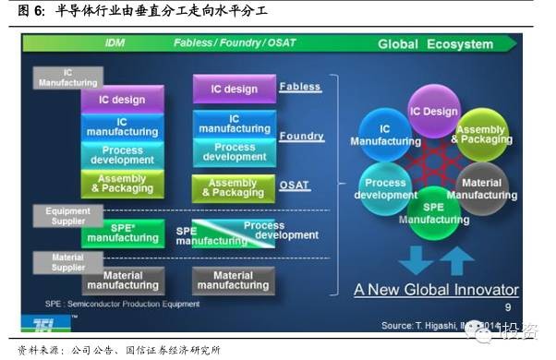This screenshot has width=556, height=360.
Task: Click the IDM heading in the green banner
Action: point(115,42)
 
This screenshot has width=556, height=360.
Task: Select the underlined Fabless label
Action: point(300,87)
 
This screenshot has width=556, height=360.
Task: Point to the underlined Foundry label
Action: point(302,136)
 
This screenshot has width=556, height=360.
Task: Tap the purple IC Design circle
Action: point(434,112)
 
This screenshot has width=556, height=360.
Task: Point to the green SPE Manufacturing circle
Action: point(434,213)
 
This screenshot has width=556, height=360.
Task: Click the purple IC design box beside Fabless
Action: point(234,90)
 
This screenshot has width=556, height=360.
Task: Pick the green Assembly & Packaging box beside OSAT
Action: point(233,188)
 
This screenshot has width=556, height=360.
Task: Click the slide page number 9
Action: point(507,307)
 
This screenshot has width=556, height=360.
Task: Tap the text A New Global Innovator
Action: point(436,289)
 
